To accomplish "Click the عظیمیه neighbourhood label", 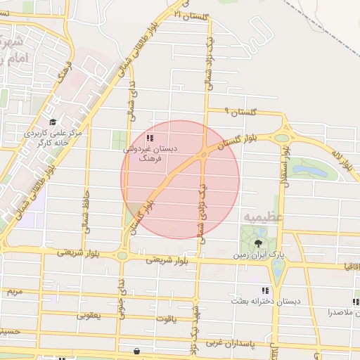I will pos(264,217).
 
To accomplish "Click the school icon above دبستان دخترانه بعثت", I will pos(265,290).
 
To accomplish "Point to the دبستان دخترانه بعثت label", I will pos(266,300).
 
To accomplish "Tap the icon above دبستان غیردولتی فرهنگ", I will pos(150,138).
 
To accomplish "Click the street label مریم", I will pos(13,290).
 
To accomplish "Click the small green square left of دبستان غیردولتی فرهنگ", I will pos(120,140).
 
